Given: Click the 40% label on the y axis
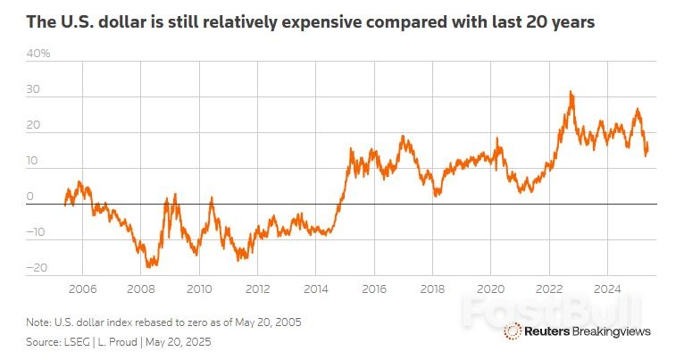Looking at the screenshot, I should (x=38, y=54).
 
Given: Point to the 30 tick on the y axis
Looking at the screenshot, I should (x=35, y=90).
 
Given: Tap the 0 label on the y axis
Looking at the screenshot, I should (x=29, y=197).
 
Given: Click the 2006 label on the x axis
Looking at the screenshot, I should (x=82, y=289).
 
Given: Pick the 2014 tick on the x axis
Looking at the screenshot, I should (x=315, y=289).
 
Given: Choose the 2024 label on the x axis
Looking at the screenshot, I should (x=607, y=289).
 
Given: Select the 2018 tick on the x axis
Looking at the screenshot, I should (x=432, y=289).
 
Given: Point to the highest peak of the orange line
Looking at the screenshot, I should (x=571, y=92).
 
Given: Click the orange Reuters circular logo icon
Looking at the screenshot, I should (x=513, y=331).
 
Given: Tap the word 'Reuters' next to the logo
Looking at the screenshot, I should (x=548, y=331).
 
